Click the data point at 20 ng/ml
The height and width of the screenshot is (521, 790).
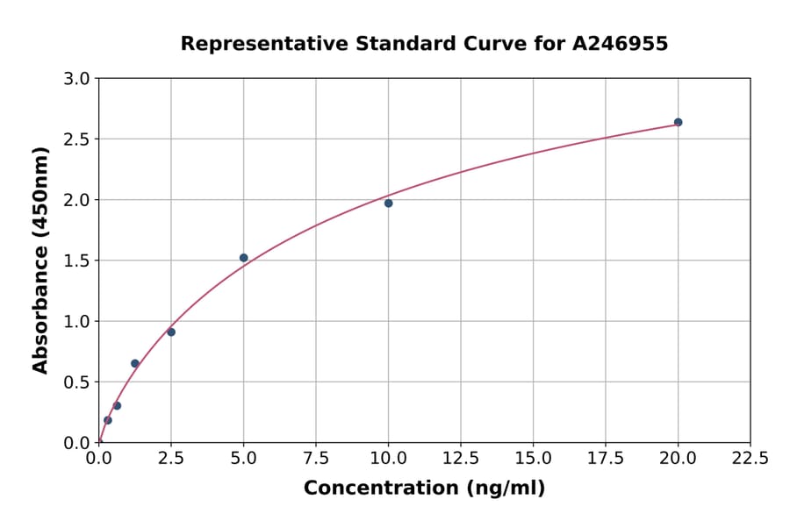click(x=678, y=122)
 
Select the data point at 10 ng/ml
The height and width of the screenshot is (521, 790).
click(x=388, y=203)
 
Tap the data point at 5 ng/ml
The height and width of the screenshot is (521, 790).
click(x=244, y=258)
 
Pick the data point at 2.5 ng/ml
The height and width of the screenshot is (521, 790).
click(x=171, y=332)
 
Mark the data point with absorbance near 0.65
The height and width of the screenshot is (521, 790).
click(x=135, y=363)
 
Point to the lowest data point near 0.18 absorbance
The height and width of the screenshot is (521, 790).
click(x=108, y=420)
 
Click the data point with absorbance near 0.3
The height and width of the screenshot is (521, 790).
click(x=117, y=405)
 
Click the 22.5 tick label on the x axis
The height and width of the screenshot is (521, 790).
click(x=750, y=459)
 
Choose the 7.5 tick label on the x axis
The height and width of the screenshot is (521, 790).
click(x=316, y=459)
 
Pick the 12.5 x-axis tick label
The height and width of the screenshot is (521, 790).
click(x=461, y=459)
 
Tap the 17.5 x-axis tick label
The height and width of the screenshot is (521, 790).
click(x=606, y=459)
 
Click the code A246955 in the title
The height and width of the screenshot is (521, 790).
click(x=620, y=44)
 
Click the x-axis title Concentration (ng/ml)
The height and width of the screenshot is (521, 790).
click(x=424, y=489)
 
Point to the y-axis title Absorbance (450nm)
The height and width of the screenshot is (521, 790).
click(x=40, y=260)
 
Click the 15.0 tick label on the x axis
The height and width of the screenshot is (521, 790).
click(x=533, y=459)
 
